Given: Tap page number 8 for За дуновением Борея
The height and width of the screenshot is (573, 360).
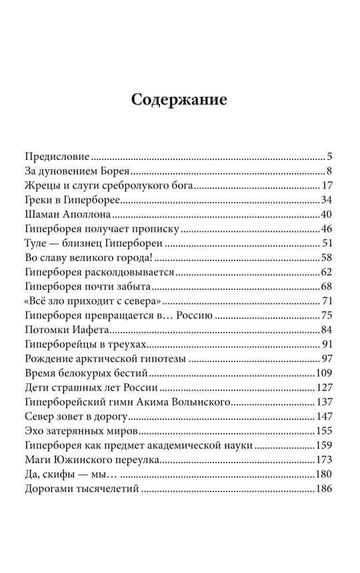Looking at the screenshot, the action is (329, 172).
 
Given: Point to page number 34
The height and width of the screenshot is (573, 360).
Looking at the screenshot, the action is (326, 200).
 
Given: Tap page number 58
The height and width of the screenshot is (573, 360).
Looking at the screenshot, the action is (326, 257).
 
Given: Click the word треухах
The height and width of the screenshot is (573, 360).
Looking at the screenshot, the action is (126, 343).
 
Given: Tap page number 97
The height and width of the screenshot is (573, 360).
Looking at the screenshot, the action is (326, 358).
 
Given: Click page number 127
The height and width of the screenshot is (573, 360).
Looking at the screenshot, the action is (323, 386).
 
